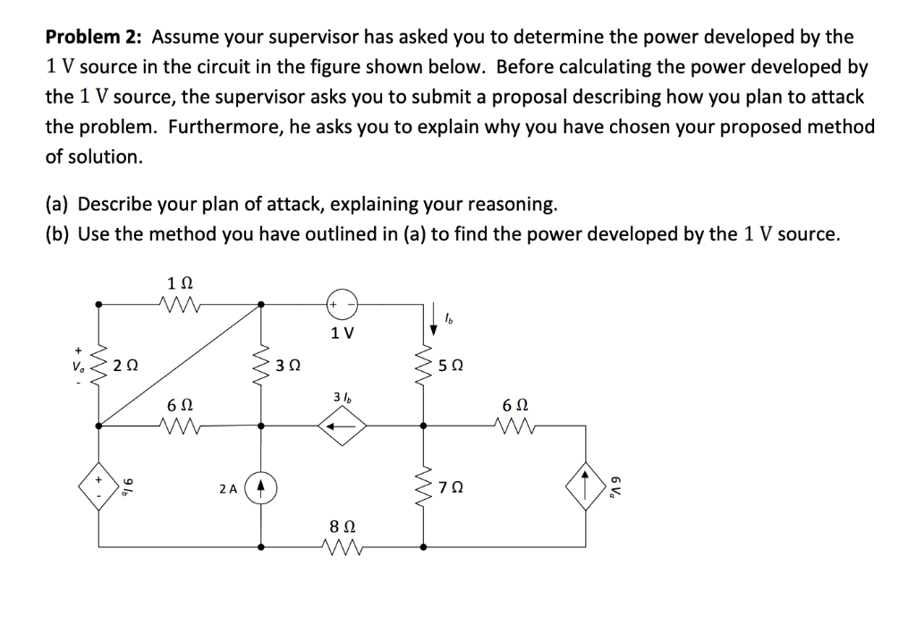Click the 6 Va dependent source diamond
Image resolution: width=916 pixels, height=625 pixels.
pos(585,489)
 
